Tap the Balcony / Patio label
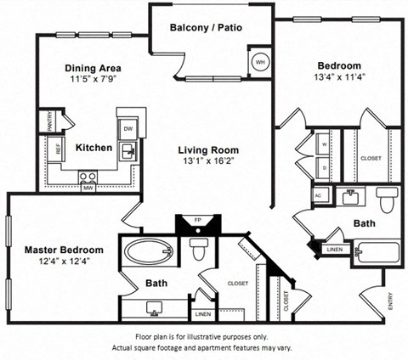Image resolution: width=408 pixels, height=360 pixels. click(x=206, y=27)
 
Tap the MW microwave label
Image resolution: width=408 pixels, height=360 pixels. click(x=88, y=188)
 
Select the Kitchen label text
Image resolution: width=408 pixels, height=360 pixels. click(x=93, y=148)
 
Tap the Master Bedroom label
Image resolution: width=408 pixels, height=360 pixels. click(x=64, y=250)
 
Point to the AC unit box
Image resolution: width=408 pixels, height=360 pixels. click(x=318, y=194)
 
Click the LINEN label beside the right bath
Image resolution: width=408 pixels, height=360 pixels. click(x=335, y=249)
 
